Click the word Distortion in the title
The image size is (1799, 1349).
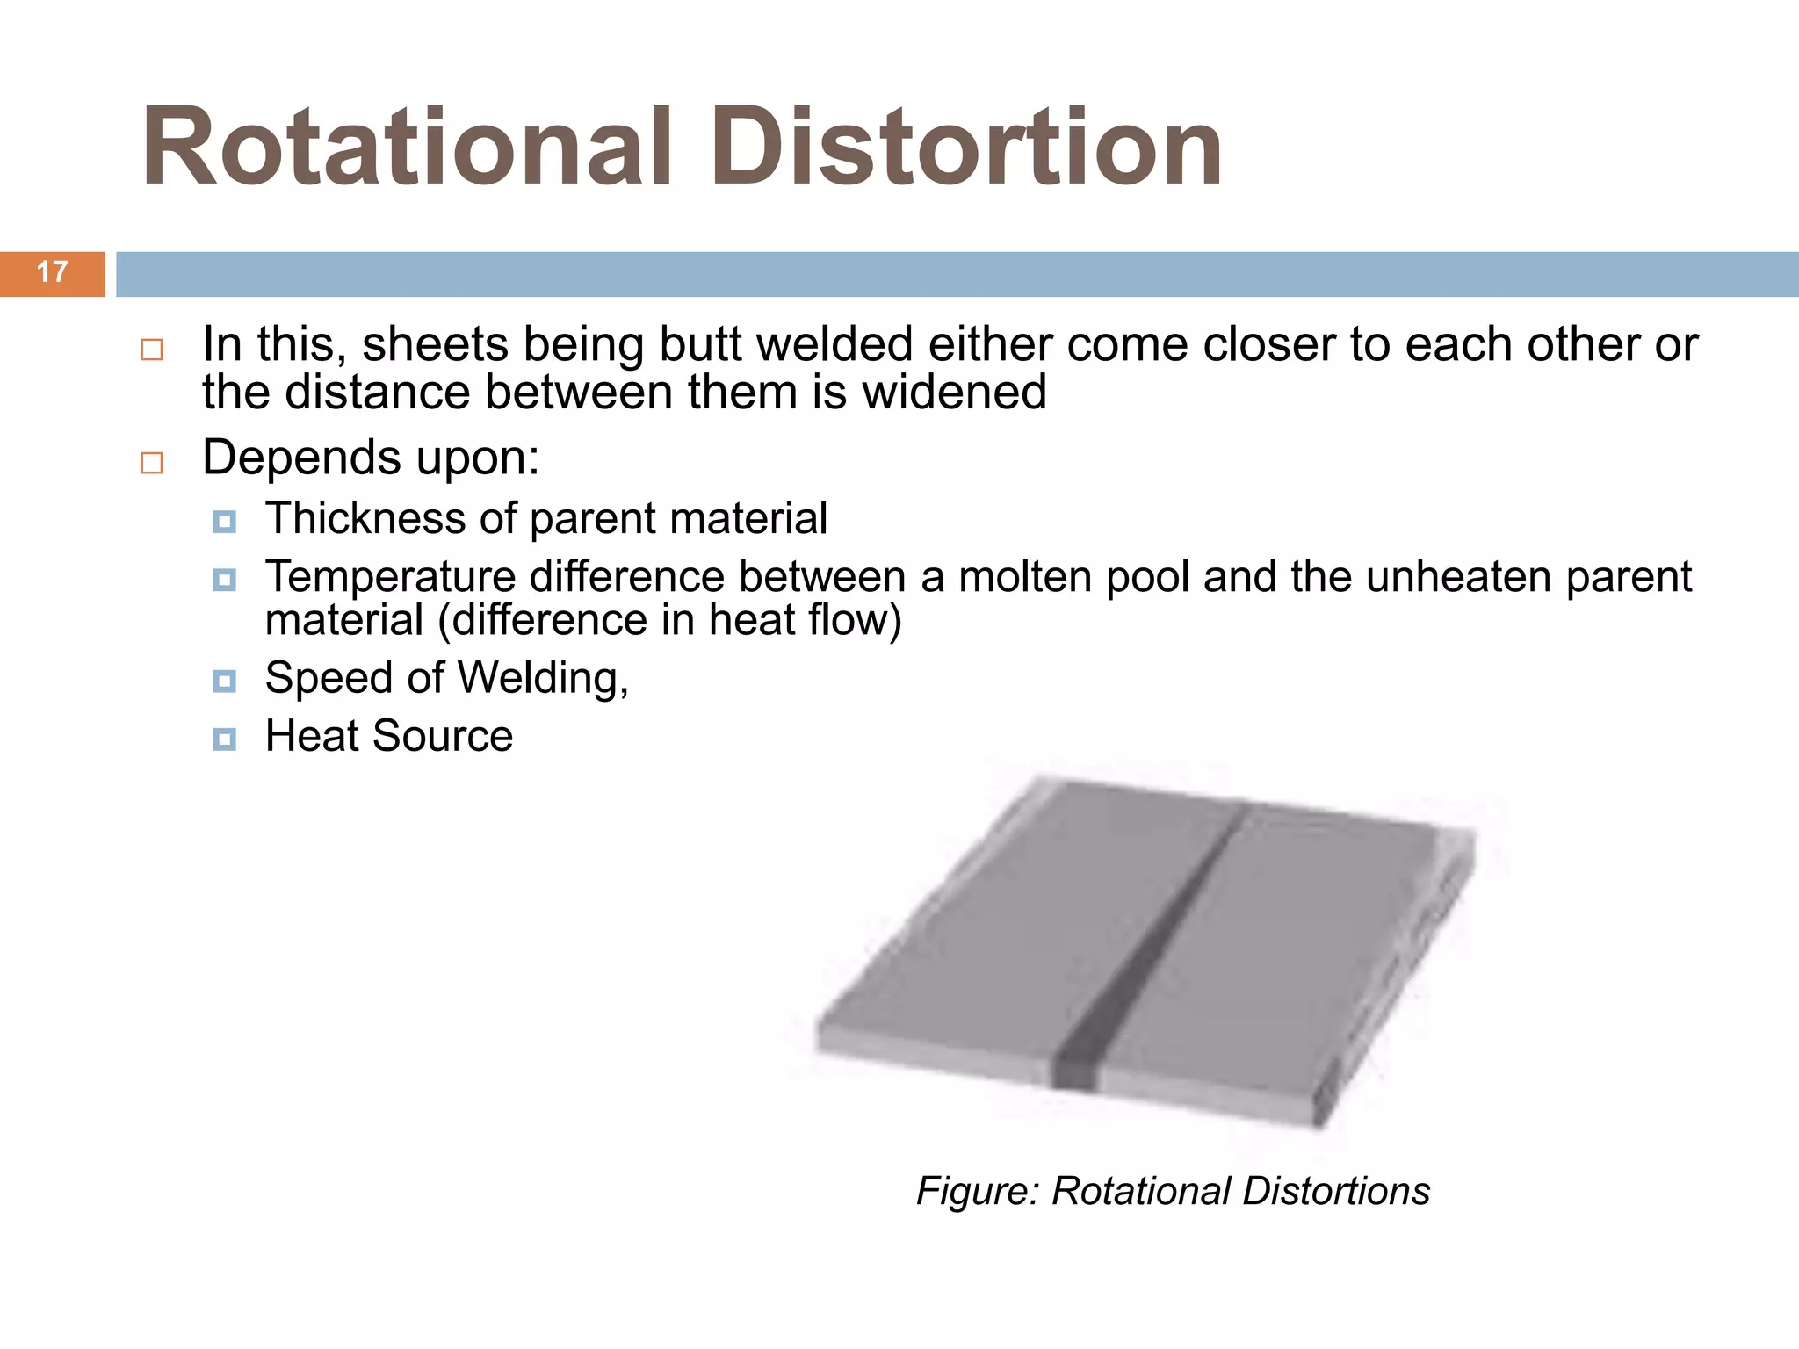966,147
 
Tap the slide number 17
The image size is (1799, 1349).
52,272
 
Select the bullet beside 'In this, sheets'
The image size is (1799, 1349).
152,350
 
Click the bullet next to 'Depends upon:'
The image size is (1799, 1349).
152,463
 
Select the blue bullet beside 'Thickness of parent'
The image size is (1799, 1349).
225,523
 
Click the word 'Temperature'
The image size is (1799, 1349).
390,577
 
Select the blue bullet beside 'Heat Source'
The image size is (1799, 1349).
225,739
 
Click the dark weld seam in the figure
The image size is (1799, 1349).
1151,949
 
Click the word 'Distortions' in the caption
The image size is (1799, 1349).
1335,1192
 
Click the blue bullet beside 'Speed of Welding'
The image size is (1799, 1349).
225,682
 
